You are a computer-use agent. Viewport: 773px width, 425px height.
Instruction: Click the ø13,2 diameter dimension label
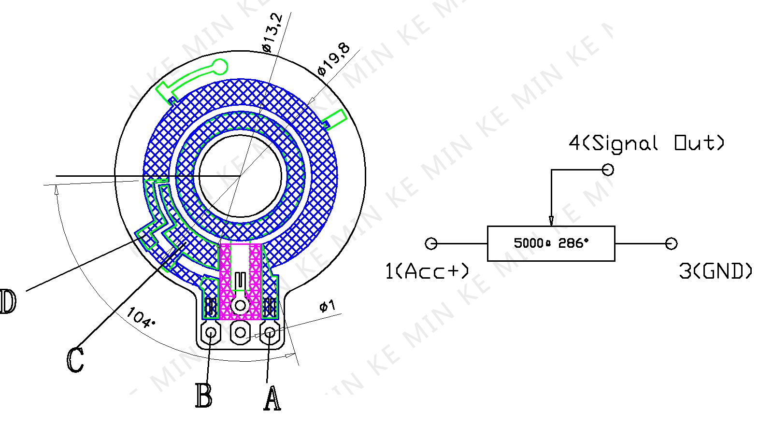pos(272,33)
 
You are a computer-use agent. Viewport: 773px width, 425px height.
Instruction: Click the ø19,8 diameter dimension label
pos(334,60)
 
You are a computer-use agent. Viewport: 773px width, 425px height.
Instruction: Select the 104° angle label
pos(141,318)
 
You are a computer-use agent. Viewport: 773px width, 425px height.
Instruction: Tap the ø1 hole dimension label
pos(328,306)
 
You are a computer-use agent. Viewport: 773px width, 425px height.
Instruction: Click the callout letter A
pos(272,398)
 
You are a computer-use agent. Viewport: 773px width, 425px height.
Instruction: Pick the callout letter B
pos(203,396)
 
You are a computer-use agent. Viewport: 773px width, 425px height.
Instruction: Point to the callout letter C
pos(75,360)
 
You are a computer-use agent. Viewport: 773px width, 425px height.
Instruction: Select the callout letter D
pos(8,301)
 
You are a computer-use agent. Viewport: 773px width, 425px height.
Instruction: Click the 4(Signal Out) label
pos(646,143)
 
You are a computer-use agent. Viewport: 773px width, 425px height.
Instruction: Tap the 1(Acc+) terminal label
pos(427,271)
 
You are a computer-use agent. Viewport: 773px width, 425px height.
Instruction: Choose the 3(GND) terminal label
pos(716,271)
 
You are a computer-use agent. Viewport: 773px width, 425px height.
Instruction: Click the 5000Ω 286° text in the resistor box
pos(551,243)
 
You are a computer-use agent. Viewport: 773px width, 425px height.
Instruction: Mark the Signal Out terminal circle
pos(608,170)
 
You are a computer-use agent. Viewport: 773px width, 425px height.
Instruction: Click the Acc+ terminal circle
pos(431,243)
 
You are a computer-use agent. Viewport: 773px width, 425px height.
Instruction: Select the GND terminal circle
pos(671,244)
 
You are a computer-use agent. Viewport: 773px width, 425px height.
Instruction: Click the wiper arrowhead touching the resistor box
pos(551,221)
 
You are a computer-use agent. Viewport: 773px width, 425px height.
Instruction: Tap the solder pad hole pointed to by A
pos(270,333)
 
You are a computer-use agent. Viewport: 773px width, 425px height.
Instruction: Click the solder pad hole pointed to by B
pos(211,333)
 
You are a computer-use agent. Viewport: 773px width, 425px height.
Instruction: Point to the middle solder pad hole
pos(240,333)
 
